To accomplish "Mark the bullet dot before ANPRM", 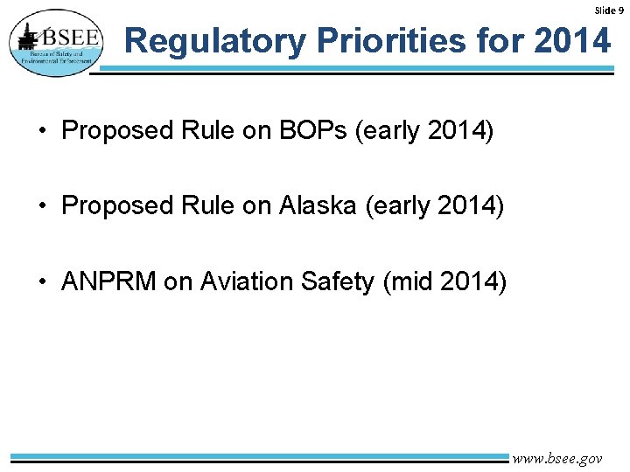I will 42,282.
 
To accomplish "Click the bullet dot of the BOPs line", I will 42,132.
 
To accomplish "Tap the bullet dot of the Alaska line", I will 42,207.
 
